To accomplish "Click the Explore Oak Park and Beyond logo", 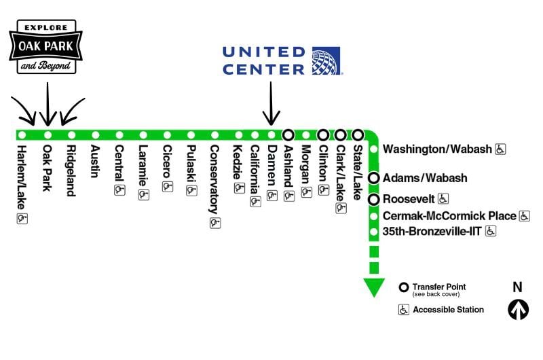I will [45, 46].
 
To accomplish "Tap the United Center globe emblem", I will [326, 60].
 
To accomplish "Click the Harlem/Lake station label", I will [22, 173].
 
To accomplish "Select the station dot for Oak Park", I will [47, 134].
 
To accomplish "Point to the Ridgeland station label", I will [71, 170].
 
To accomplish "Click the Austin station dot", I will [95, 134].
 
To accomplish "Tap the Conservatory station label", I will [214, 179].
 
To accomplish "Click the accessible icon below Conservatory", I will [214, 222].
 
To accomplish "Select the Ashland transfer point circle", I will [288, 134].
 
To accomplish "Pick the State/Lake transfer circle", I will [358, 134].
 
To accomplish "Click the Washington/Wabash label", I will [437, 149].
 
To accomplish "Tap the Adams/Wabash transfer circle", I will [373, 178].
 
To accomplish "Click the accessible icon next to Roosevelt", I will [443, 199].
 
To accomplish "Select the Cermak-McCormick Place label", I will [449, 216].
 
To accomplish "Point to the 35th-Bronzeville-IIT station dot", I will [373, 232].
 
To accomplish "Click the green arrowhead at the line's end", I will [373, 287].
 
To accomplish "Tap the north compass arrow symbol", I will [518, 310].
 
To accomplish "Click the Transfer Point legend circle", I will [404, 287].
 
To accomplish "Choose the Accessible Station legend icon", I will [404, 310].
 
